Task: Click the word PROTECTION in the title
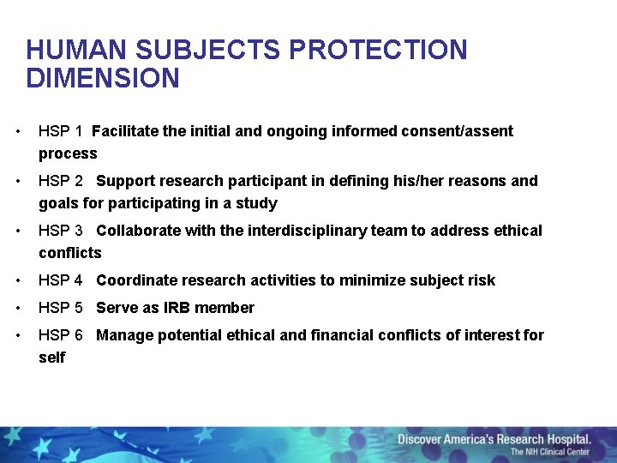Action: [378, 51]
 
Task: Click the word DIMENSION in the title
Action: [103, 79]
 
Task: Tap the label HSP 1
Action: [60, 131]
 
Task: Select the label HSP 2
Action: [60, 181]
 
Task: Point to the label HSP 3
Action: [60, 231]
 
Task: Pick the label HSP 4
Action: [60, 280]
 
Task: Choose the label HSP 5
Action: [60, 308]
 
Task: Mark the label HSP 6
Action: [60, 335]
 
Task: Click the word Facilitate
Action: [125, 131]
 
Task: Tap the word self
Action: [51, 358]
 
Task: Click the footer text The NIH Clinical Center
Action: [550, 452]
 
